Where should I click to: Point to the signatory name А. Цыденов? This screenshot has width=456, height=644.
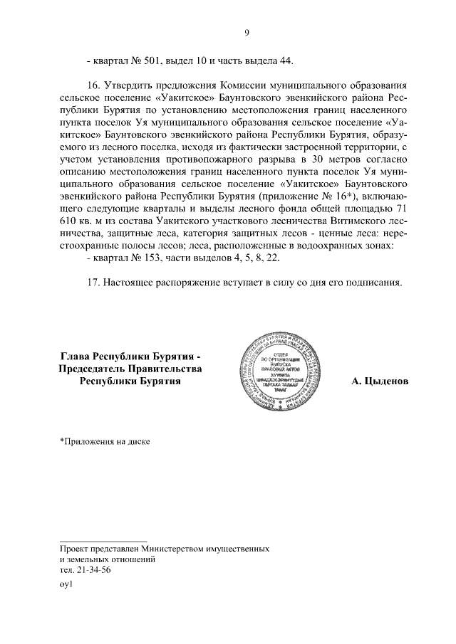click(380, 381)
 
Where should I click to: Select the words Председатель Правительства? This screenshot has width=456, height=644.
click(130, 368)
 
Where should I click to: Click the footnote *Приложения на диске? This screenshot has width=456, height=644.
click(105, 441)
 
